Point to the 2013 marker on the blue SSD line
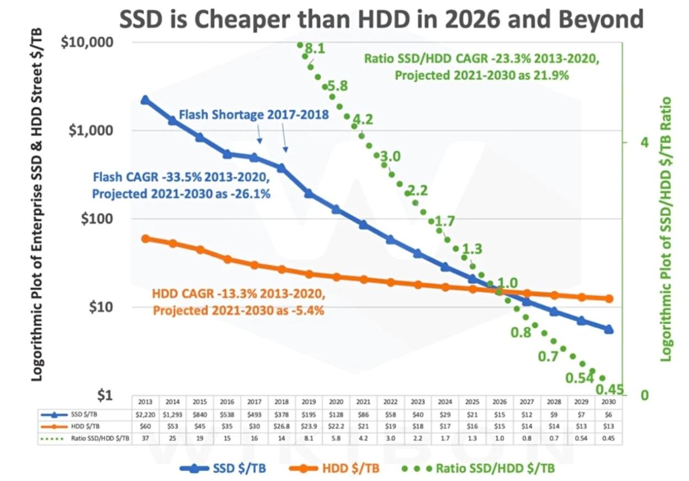145,100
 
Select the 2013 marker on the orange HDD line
145,239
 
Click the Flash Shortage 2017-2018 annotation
254,115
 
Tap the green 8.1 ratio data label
315,49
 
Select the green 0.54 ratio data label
578,378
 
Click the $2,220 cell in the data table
145,413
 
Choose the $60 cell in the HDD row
145,426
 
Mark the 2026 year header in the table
500,402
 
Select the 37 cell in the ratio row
145,439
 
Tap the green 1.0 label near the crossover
507,283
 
